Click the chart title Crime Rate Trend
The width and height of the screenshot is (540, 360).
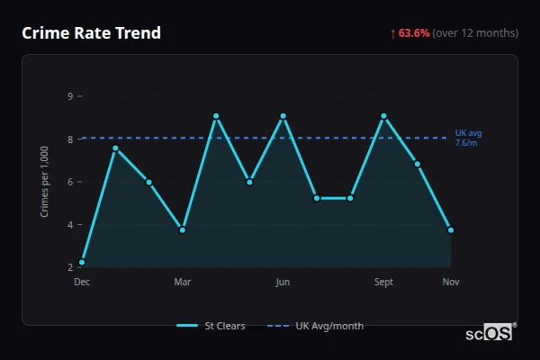[92, 33]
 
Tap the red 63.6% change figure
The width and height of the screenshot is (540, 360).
[415, 33]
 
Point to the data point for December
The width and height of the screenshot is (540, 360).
[82, 262]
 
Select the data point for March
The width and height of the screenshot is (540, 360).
[183, 229]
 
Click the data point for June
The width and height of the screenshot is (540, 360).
[283, 116]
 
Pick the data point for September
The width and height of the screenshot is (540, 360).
[383, 116]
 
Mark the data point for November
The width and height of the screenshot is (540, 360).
[451, 229]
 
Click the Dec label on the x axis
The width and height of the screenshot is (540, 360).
[82, 282]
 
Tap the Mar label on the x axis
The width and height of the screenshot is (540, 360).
[183, 282]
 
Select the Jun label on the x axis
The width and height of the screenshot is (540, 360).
[283, 282]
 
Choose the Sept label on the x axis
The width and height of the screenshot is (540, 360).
[383, 282]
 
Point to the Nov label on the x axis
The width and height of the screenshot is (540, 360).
[451, 282]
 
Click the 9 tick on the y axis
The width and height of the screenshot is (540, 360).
[70, 95]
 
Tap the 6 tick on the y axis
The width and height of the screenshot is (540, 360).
[70, 182]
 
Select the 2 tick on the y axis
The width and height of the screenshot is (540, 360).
[70, 267]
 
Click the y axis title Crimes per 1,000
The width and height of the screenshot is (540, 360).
[44, 181]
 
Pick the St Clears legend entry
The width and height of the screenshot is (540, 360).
[212, 326]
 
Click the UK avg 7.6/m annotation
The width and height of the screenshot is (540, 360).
[468, 138]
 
